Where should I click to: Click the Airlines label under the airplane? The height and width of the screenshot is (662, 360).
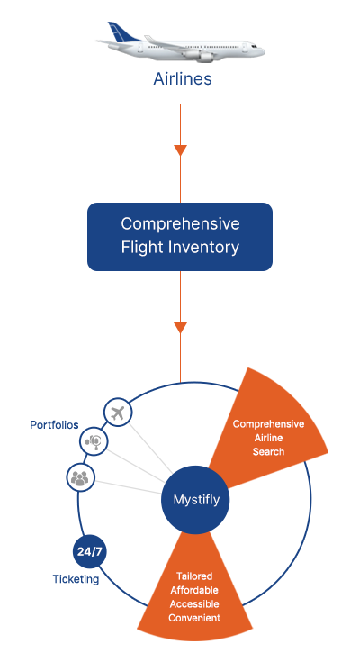click(x=183, y=79)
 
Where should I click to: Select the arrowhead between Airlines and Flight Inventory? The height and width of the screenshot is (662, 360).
click(x=180, y=150)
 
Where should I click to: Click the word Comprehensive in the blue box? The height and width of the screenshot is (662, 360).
click(x=180, y=223)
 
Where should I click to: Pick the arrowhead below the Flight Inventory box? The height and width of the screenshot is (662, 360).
click(x=180, y=328)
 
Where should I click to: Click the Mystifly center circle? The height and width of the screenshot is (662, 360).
click(x=195, y=500)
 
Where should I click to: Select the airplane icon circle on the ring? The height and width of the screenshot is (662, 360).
click(x=118, y=413)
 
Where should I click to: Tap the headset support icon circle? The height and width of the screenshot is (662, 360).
click(x=94, y=441)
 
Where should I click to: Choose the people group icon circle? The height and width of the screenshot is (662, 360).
click(x=80, y=477)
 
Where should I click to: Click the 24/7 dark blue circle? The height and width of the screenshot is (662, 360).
click(x=89, y=551)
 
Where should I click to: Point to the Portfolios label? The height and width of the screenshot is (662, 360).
click(x=54, y=425)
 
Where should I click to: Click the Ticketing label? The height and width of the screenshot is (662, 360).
click(x=76, y=579)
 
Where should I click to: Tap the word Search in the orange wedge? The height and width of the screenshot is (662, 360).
click(x=268, y=452)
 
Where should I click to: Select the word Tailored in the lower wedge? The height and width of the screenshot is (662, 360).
click(x=194, y=576)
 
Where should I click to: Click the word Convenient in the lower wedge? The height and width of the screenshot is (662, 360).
click(x=194, y=618)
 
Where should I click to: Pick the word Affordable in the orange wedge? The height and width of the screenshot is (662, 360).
click(x=194, y=590)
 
